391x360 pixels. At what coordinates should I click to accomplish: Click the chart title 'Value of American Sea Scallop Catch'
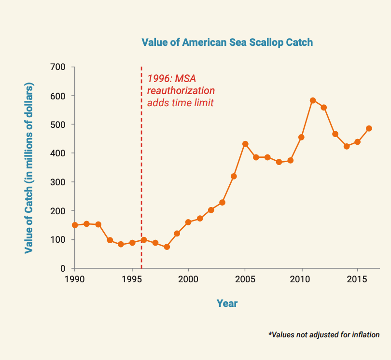pos(227,42)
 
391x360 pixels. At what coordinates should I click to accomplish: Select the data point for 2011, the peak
pos(313,100)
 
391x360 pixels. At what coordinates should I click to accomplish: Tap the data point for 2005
pos(245,144)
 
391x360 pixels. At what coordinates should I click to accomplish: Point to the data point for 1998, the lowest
pos(167,247)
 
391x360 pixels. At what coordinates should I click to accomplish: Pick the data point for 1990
pos(75,225)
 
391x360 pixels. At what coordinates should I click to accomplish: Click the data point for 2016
pos(369,128)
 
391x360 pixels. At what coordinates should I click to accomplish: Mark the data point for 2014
pos(346,146)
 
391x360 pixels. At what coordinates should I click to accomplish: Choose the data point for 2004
pos(234,176)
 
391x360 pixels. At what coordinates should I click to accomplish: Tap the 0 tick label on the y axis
pos(63,268)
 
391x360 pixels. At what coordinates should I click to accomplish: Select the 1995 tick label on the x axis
pos(131,280)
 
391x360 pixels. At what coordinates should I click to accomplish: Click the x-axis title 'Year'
pos(227,304)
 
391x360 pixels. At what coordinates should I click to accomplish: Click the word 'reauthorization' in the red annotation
pos(181,91)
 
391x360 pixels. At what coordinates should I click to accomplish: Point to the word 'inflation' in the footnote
pos(364,334)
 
